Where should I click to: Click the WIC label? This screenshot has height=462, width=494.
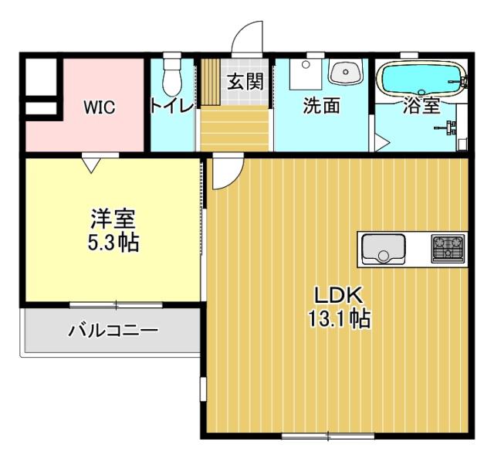[100, 107]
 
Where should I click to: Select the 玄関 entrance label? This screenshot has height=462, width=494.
[245, 81]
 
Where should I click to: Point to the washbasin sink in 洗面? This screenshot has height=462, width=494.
[346, 73]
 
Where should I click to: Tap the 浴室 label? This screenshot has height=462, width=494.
[421, 106]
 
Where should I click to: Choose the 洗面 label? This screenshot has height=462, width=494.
[321, 106]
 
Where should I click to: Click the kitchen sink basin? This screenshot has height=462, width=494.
[384, 249]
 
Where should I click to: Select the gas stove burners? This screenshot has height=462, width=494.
[448, 249]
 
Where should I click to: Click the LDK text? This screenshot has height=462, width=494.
[338, 295]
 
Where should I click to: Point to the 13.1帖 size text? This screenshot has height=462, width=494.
[340, 318]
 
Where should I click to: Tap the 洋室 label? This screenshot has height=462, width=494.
[113, 219]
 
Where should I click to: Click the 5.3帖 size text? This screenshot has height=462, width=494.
[113, 242]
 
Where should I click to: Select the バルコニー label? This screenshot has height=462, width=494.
[113, 331]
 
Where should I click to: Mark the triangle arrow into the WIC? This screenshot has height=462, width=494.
[91, 165]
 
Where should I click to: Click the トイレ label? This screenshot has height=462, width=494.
[172, 107]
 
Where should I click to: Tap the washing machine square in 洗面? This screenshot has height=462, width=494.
[306, 73]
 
